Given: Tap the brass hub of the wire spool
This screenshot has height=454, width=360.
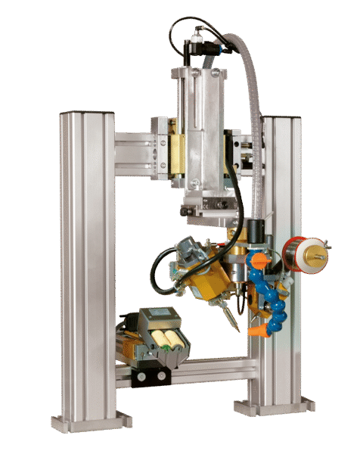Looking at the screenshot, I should point(317,256).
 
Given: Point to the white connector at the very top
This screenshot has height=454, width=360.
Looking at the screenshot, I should point(198,31).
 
